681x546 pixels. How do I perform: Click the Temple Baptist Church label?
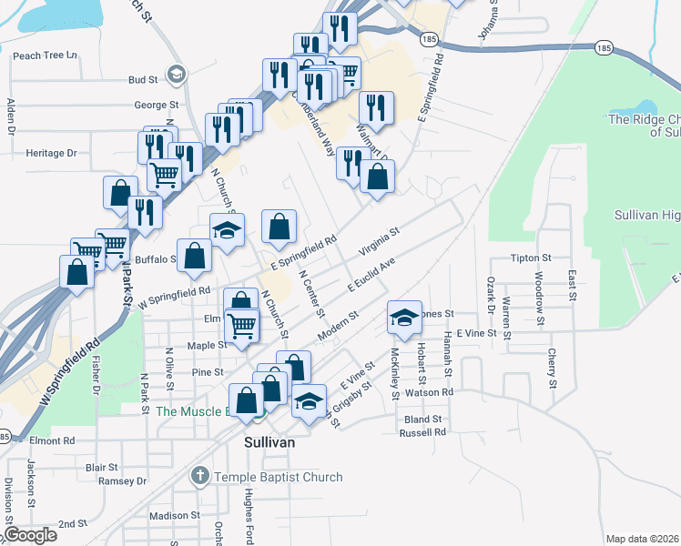[279, 477]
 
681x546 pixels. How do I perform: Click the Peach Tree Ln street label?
[44, 56]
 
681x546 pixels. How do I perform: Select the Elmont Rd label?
[51, 440]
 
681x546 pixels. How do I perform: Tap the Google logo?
[30, 535]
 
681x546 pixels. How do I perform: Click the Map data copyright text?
[642, 539]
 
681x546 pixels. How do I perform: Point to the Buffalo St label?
[154, 259]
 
